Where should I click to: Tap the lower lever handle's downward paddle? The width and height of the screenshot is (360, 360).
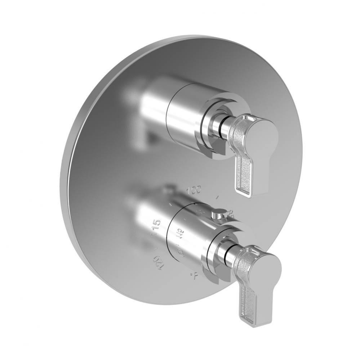click(250, 302)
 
